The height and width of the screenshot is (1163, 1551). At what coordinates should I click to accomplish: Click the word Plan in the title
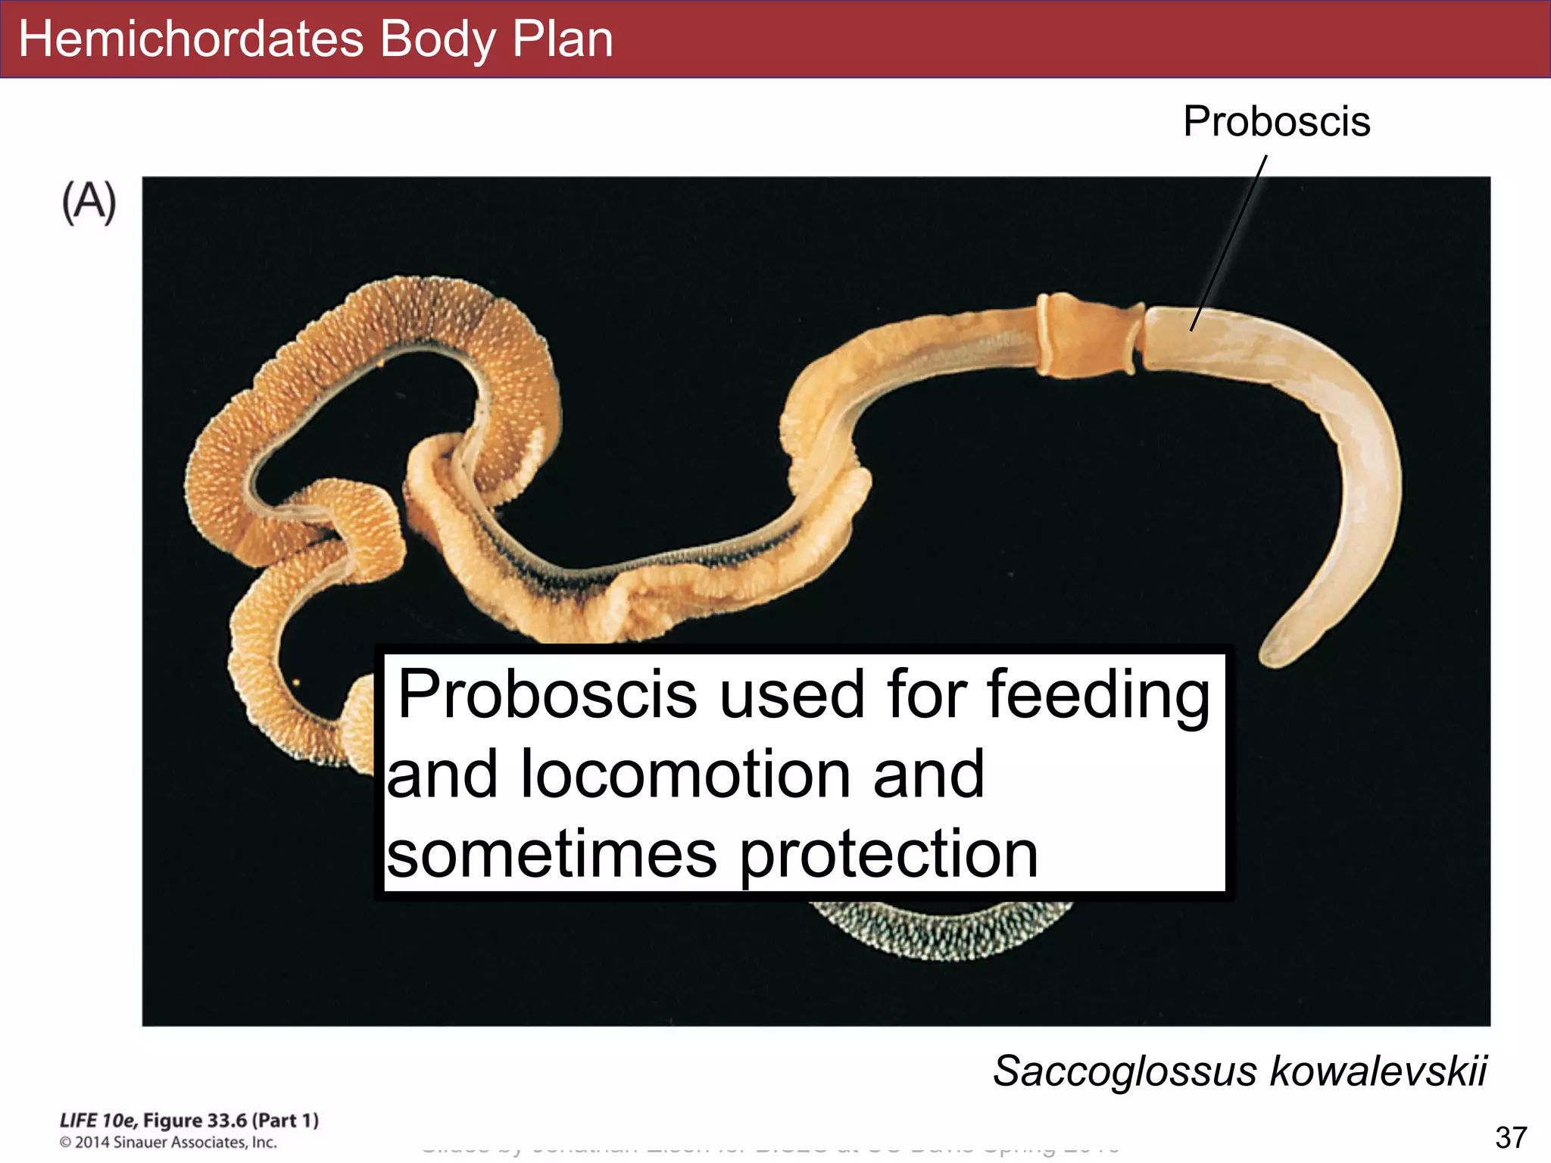pyautogui.click(x=562, y=39)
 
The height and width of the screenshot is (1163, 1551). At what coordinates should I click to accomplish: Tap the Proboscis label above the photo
pyautogui.click(x=1277, y=122)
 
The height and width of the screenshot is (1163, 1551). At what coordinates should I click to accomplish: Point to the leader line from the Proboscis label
pyautogui.click(x=1229, y=242)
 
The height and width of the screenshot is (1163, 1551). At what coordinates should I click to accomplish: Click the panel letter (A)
pyautogui.click(x=89, y=203)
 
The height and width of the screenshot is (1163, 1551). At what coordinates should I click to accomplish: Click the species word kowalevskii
pyautogui.click(x=1378, y=1071)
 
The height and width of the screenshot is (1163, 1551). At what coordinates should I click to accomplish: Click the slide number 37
pyautogui.click(x=1511, y=1137)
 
